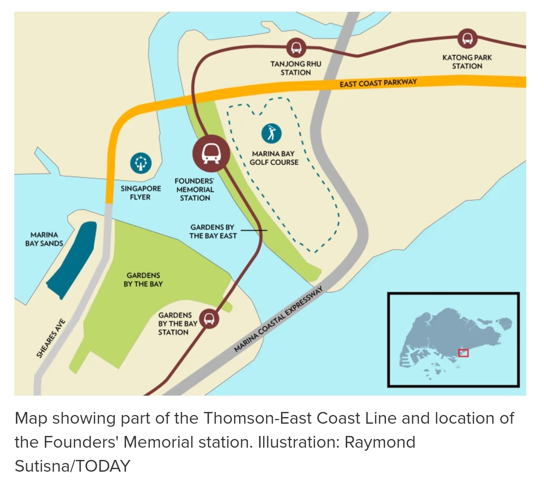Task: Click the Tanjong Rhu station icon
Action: tap(296, 48)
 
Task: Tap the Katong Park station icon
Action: tap(467, 38)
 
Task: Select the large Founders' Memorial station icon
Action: tap(209, 152)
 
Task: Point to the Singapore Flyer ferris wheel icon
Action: tap(140, 163)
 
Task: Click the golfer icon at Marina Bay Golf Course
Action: tap(271, 133)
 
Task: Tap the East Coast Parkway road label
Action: tap(378, 83)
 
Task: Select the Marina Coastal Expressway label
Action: tap(279, 320)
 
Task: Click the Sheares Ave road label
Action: tap(51, 338)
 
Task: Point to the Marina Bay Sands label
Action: tap(44, 239)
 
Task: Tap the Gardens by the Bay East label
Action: tap(213, 231)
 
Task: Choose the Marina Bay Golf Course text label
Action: tap(273, 158)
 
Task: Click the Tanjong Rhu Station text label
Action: tap(296, 68)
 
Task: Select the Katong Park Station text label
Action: tap(467, 61)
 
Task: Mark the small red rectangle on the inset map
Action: tap(463, 352)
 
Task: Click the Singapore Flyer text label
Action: tap(141, 192)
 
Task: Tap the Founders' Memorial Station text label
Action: tap(194, 189)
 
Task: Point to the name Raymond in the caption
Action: tap(380, 442)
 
